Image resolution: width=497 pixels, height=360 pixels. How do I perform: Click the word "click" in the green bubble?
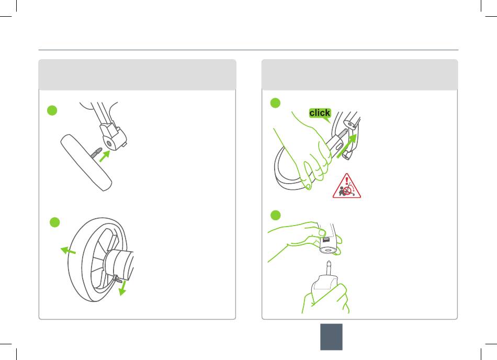coord(320,113)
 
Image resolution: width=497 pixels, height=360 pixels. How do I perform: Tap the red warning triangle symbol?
coord(346,186)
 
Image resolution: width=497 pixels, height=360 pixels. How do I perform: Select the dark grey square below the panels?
coord(331,337)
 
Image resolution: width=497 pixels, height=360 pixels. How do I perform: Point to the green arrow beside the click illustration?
coord(347,145)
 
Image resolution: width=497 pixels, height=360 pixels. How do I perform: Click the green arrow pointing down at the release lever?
coord(122,288)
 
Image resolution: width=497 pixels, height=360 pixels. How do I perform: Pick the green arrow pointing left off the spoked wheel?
coord(68,250)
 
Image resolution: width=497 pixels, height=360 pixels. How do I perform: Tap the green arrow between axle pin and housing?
coord(104,156)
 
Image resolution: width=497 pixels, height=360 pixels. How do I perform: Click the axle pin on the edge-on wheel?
coord(96,152)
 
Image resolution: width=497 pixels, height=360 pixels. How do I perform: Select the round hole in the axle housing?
coord(109,144)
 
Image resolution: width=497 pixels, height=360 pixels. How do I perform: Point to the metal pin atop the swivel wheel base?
coord(329,268)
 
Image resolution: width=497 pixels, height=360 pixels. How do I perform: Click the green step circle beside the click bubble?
coord(275,103)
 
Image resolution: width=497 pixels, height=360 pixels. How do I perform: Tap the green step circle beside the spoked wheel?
coord(55,222)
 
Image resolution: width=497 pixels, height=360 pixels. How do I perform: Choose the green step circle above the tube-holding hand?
coord(275,215)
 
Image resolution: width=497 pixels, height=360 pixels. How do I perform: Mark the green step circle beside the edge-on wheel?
coord(52,110)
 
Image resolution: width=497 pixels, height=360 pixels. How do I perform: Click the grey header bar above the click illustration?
coord(360,75)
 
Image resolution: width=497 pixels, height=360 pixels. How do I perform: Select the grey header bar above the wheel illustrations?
coord(137,75)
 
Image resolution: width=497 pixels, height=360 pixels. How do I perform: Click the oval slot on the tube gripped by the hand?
coord(338,147)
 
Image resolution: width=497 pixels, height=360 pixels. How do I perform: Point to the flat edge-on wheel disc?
coord(86,163)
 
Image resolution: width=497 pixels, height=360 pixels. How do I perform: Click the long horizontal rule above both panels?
coord(249,50)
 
